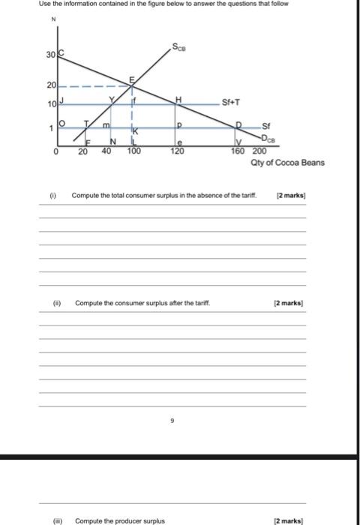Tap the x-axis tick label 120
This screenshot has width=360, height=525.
point(177,151)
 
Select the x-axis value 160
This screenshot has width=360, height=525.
point(237,151)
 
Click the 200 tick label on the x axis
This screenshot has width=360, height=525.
point(259,151)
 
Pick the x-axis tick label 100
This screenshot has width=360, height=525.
point(133,151)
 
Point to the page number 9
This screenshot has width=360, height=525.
point(172,421)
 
